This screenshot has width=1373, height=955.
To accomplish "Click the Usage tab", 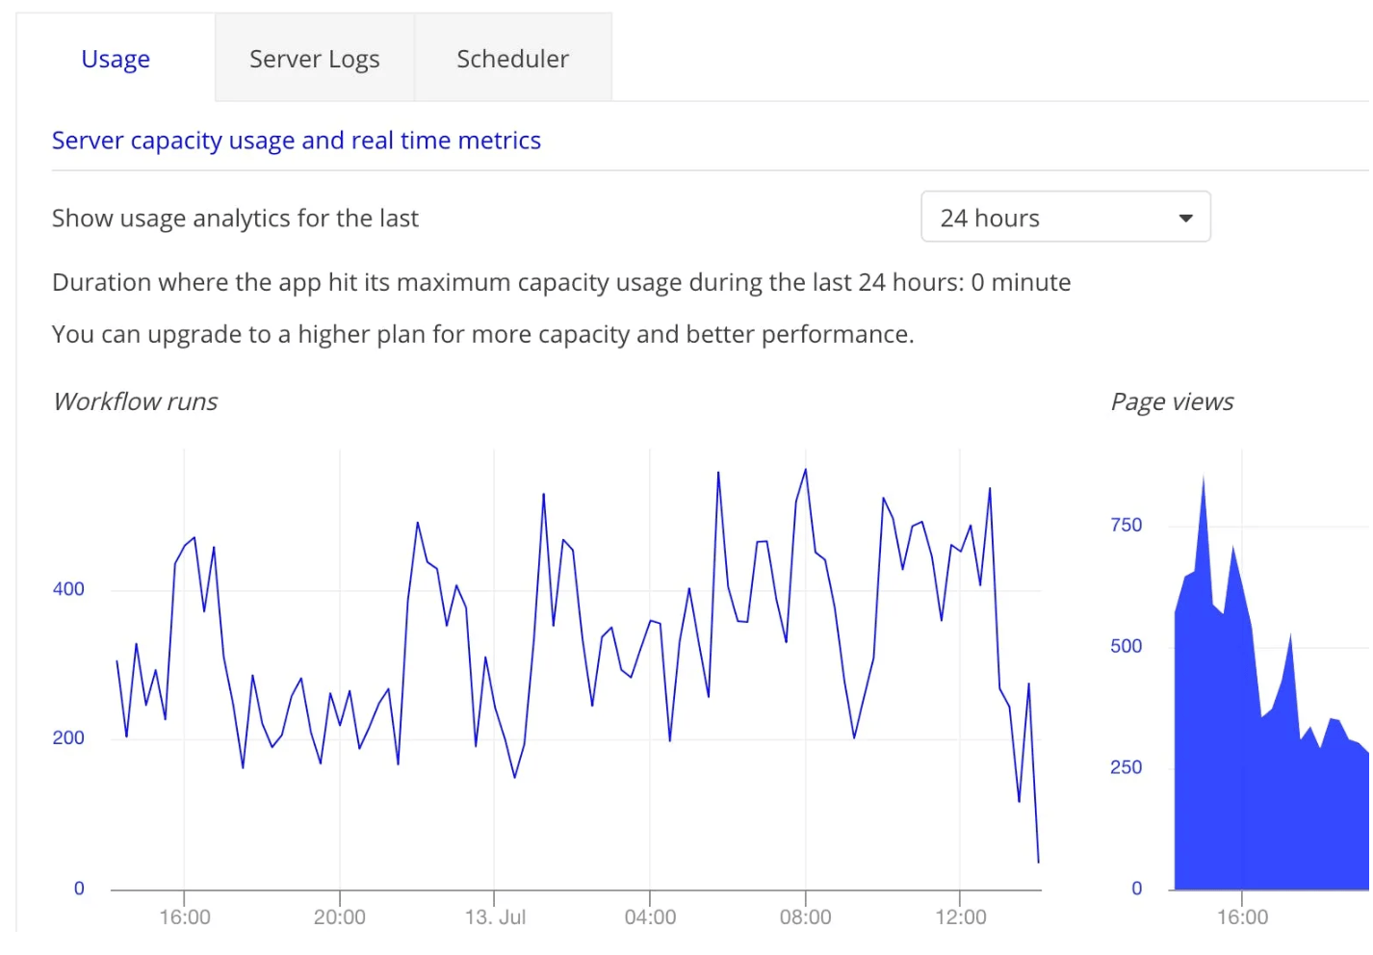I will click(116, 60).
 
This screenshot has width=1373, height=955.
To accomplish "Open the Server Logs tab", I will click(314, 60).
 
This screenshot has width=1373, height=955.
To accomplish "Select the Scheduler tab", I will click(512, 60).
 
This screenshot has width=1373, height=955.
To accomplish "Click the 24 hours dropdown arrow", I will click(1185, 219).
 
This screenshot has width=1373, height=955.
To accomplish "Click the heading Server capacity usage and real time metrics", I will click(296, 141).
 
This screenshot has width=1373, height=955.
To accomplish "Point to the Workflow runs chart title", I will click(136, 401).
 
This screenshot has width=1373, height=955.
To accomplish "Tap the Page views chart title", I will click(1172, 401).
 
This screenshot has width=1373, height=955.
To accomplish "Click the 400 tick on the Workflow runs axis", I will click(68, 589).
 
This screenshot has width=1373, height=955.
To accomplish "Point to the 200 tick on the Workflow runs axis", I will click(68, 738).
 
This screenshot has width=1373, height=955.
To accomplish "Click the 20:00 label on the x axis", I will click(339, 917).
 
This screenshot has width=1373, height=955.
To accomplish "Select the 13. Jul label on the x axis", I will click(495, 917).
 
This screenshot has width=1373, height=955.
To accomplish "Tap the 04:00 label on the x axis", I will click(650, 917).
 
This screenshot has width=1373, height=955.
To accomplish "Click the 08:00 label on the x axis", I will click(805, 917).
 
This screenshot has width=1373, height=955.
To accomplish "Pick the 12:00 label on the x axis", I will click(960, 917).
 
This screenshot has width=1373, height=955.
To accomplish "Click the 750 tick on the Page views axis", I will click(1126, 526).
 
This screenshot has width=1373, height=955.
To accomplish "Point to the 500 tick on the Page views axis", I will click(1126, 647).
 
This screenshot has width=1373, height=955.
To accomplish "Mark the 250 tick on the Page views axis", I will click(1126, 768).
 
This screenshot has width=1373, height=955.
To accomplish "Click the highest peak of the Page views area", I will click(1204, 477).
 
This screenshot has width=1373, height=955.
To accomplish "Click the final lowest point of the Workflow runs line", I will click(1038, 862).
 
